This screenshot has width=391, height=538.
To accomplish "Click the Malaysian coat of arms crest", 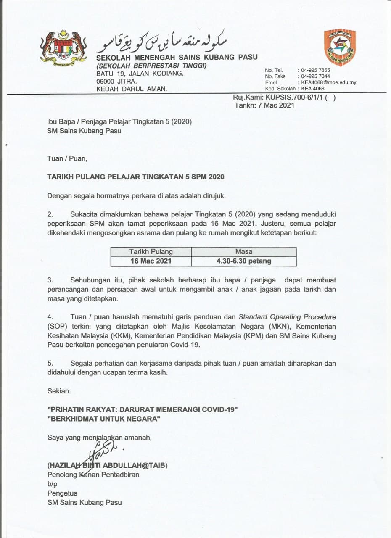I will (63, 47).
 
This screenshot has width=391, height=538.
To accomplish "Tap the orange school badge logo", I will (340, 47).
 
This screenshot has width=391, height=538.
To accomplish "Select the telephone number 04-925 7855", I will (315, 70).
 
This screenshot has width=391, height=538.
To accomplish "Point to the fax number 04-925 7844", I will (315, 76).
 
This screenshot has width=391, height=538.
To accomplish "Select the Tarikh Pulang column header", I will (151, 251).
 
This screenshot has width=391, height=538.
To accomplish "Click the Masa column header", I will (244, 251).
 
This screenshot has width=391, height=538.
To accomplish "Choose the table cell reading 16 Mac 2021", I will (151, 261).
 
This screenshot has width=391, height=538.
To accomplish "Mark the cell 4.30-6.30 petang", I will (244, 261).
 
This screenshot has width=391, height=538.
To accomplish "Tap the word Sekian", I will (59, 391).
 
